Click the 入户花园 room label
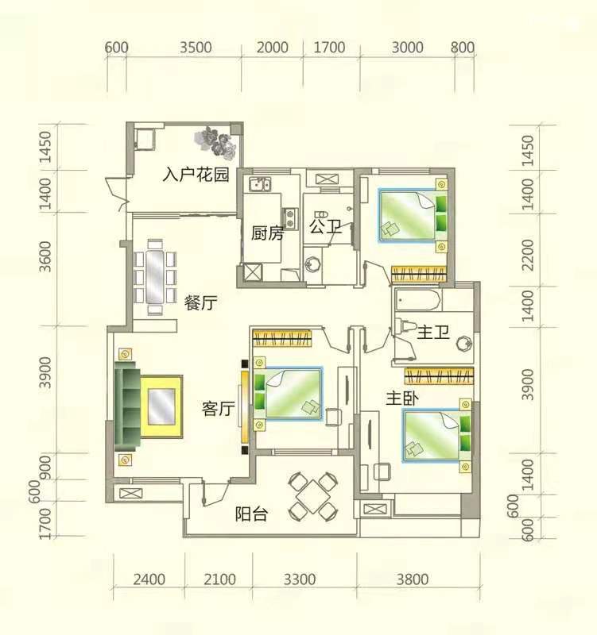point(196,175)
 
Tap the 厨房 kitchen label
point(267,233)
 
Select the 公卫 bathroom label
point(326,226)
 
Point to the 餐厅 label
point(201,302)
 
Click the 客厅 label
point(218,409)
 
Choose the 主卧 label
point(402,398)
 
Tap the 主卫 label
point(433,333)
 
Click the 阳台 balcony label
point(252,514)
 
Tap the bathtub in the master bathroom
point(417,300)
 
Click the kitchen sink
point(260,184)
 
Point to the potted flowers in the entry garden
point(215,141)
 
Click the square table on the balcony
point(312,496)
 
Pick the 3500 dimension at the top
point(196,48)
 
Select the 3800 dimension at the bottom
point(413,579)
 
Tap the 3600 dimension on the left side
point(45,256)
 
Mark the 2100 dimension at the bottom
point(220,579)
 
